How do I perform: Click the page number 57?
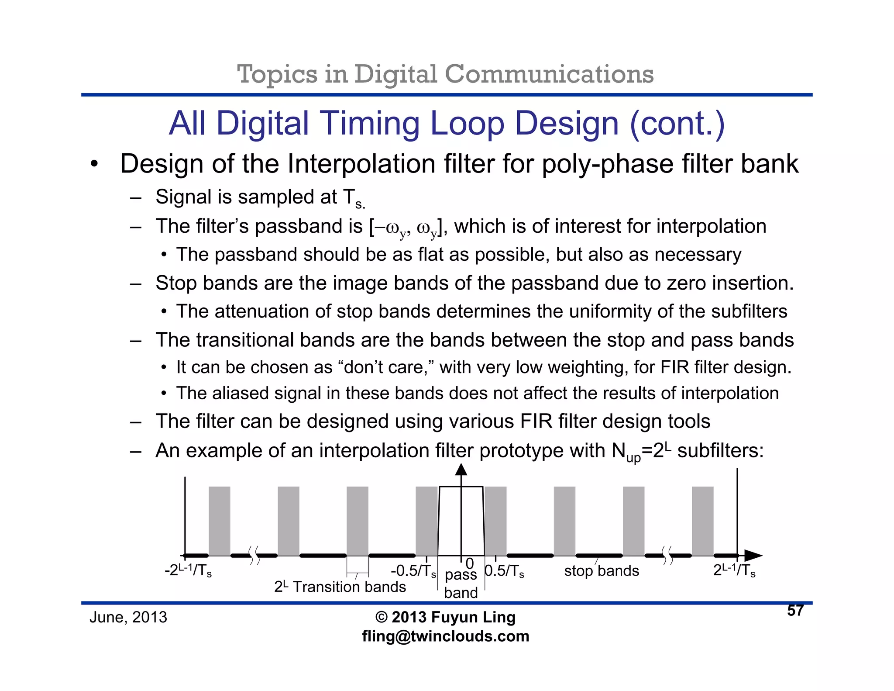tap(795, 610)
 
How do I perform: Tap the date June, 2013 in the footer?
tap(128, 617)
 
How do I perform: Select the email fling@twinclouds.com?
tap(445, 636)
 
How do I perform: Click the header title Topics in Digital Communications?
tap(445, 74)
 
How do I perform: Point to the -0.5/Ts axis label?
tap(413, 571)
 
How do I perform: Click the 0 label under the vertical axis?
tap(469, 564)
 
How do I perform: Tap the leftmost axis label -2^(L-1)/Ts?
tap(188, 570)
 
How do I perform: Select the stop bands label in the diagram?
tap(601, 571)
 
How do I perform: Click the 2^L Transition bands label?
tap(340, 587)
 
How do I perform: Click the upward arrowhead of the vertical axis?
tap(461, 470)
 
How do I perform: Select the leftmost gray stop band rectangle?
tap(219, 521)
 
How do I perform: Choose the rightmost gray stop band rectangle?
tap(702, 521)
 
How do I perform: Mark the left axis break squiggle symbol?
tap(254, 555)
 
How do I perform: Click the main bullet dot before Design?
tap(94, 165)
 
